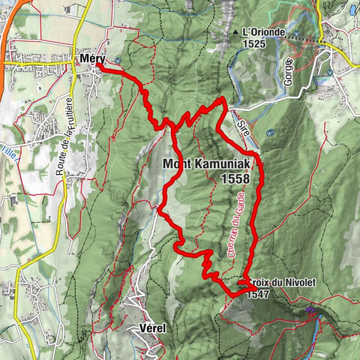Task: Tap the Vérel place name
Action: tap(152, 328)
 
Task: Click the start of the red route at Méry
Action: tap(98, 68)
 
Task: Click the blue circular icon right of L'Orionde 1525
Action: tap(298, 34)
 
